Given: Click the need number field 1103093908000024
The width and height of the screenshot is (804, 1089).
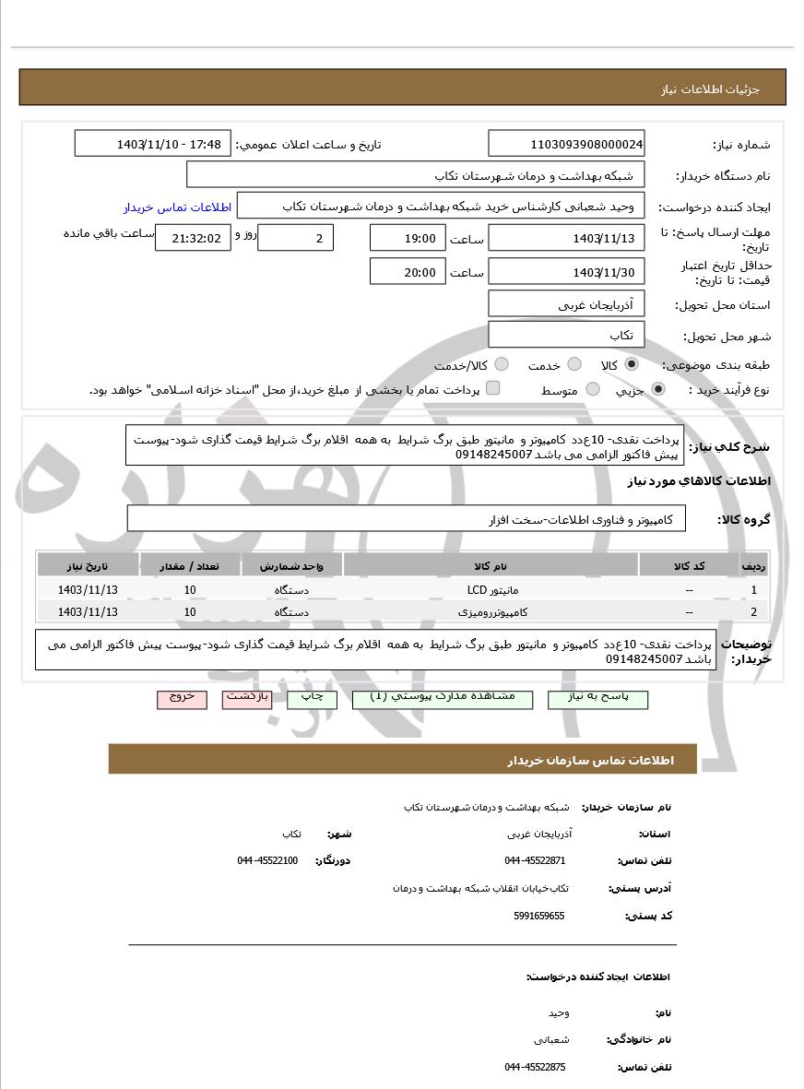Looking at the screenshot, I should [x=566, y=144].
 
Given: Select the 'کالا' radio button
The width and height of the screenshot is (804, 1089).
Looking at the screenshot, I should [x=632, y=365].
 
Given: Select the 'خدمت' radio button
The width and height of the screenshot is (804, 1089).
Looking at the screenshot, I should [x=574, y=365].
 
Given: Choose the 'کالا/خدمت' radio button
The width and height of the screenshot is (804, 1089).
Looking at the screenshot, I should [x=502, y=365].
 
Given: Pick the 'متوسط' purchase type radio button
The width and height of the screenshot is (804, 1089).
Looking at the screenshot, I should [x=593, y=390].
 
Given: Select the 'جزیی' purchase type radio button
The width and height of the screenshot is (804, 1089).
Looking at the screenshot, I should [x=658, y=390].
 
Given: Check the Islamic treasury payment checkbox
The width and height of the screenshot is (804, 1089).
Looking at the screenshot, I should [x=493, y=388].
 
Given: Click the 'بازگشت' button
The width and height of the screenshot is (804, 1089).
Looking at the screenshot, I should [x=249, y=698].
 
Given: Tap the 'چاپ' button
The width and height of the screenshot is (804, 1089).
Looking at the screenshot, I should [x=313, y=698].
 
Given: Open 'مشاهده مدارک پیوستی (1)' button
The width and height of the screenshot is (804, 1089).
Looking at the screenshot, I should [x=442, y=698].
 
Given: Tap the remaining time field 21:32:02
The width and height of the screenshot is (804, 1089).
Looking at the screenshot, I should [x=188, y=238].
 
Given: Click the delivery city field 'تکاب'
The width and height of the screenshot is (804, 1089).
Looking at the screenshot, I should [x=566, y=335].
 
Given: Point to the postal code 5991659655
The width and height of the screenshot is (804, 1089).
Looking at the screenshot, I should [x=539, y=916].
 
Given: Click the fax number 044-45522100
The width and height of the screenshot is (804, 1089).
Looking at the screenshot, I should [x=267, y=860].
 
